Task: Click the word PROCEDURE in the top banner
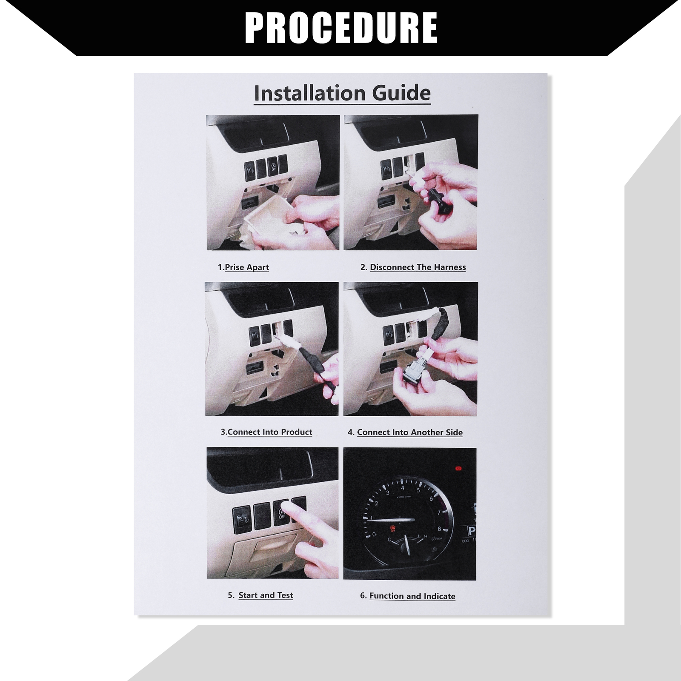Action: [x=341, y=28]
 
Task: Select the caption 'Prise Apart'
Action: [x=247, y=267]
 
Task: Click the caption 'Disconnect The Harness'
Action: [x=418, y=267]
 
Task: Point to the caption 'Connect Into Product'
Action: [x=270, y=432]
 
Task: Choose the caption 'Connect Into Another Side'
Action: [x=410, y=432]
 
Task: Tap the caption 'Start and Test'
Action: [x=266, y=595]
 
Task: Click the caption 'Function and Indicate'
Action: [x=412, y=596]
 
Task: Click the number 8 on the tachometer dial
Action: [x=440, y=529]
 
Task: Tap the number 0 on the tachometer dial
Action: [x=374, y=534]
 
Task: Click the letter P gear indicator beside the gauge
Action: [x=472, y=532]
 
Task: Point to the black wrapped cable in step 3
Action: [x=315, y=364]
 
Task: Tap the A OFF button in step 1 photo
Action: [x=273, y=167]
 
